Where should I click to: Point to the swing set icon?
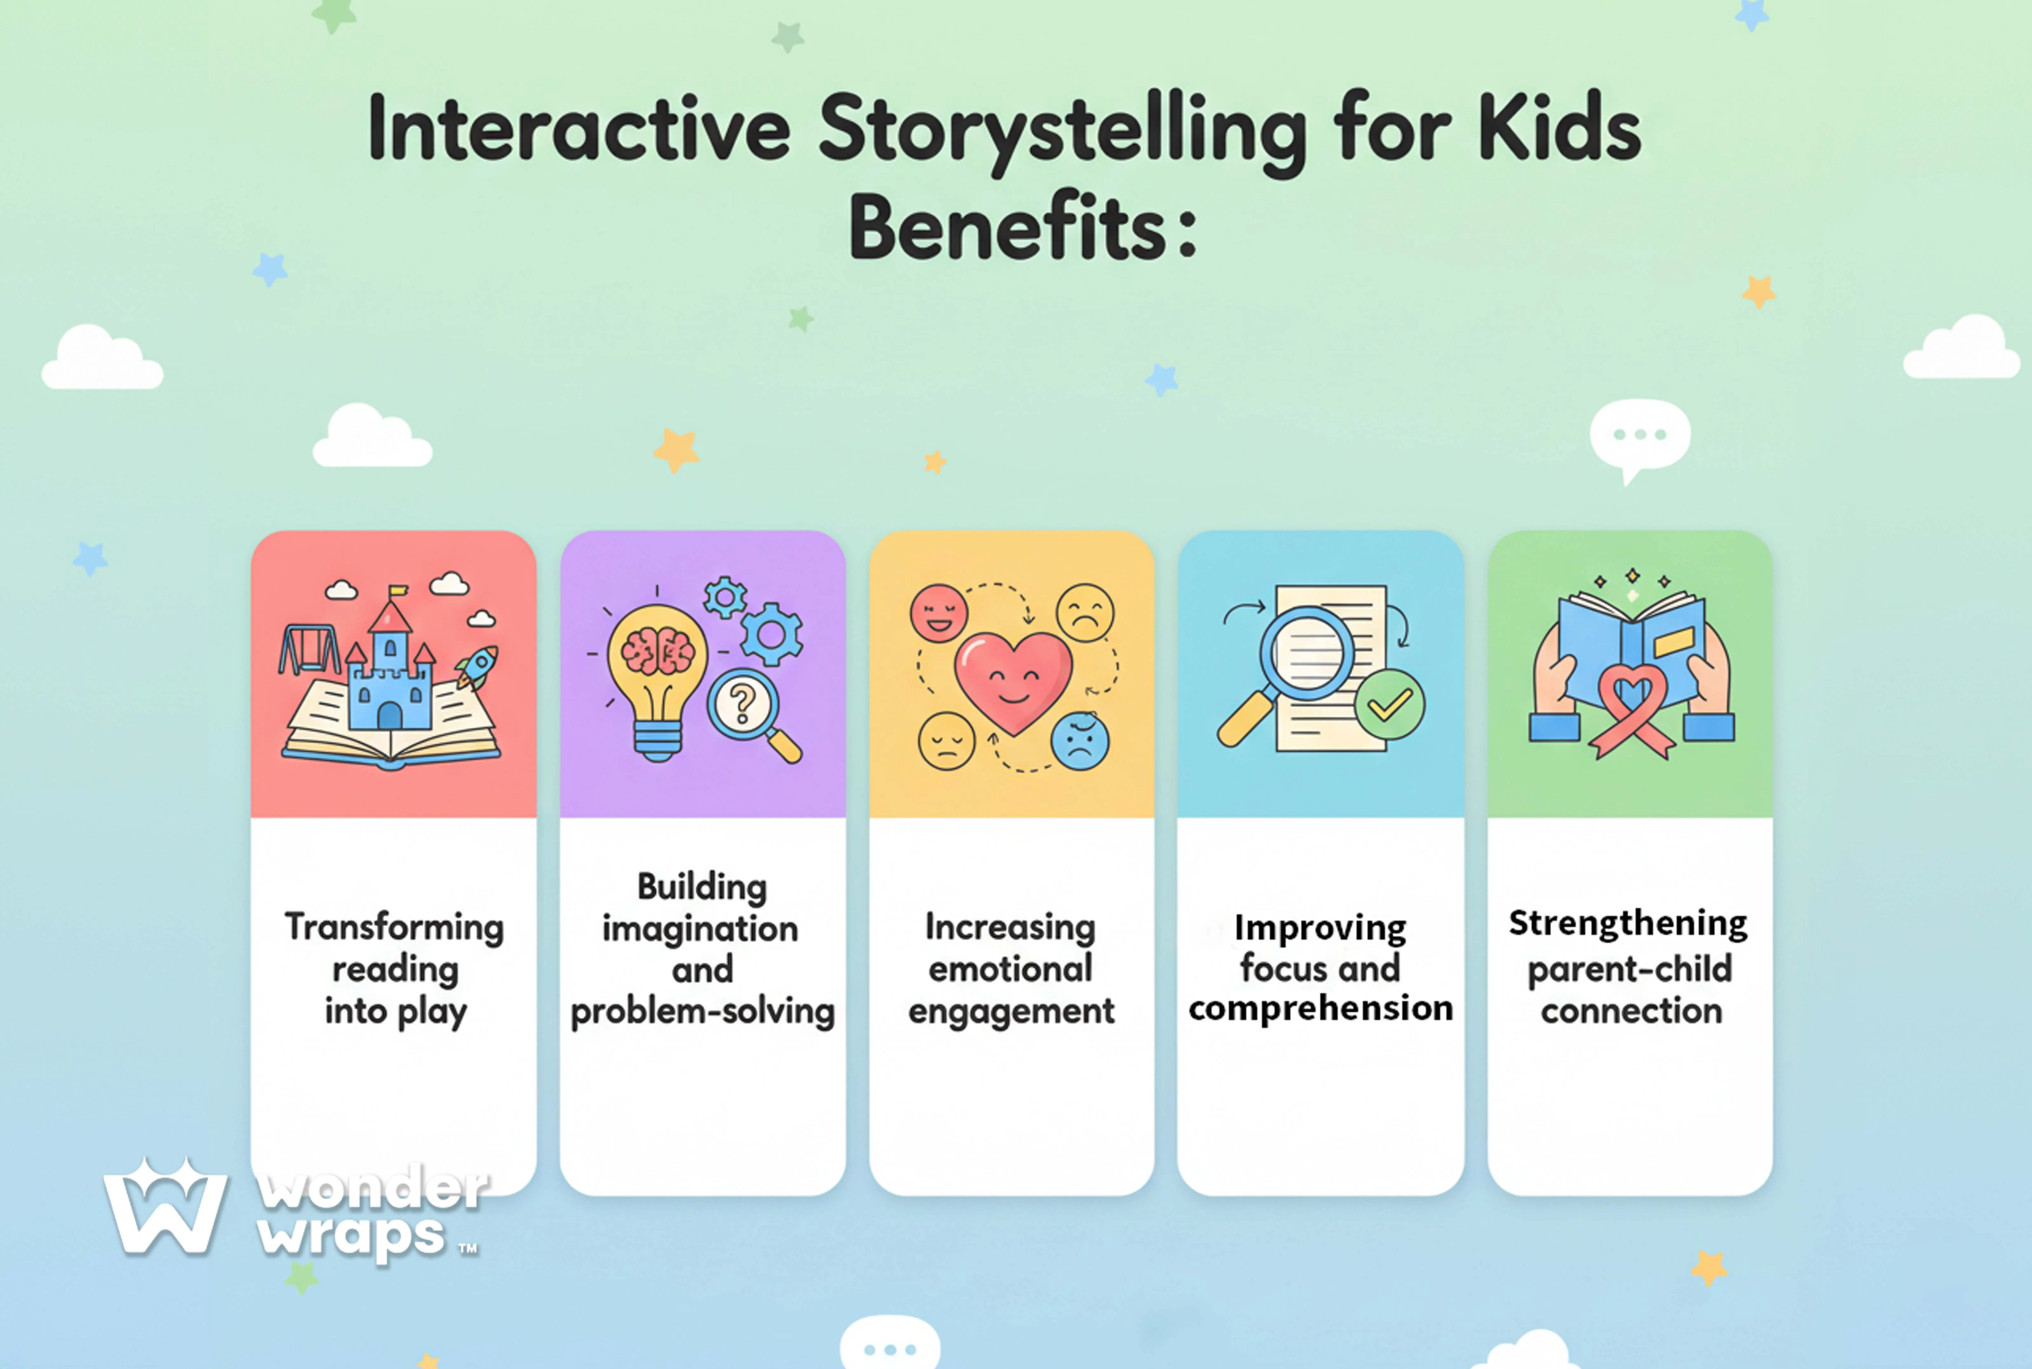308,650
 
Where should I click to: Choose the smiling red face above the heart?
939,613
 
